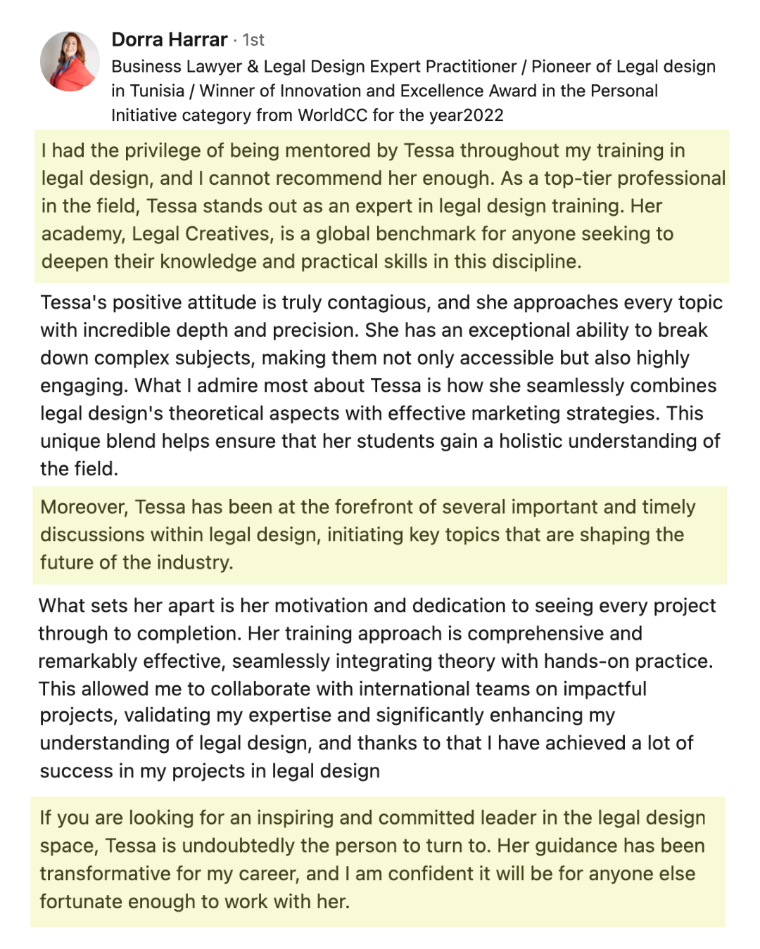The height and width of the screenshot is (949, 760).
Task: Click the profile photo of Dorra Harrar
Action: pyautogui.click(x=70, y=61)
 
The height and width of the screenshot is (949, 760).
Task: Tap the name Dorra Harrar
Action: pyautogui.click(x=169, y=39)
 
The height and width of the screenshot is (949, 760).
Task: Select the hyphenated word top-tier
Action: pyautogui.click(x=579, y=179)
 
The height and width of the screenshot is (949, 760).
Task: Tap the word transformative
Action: pyautogui.click(x=103, y=873)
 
